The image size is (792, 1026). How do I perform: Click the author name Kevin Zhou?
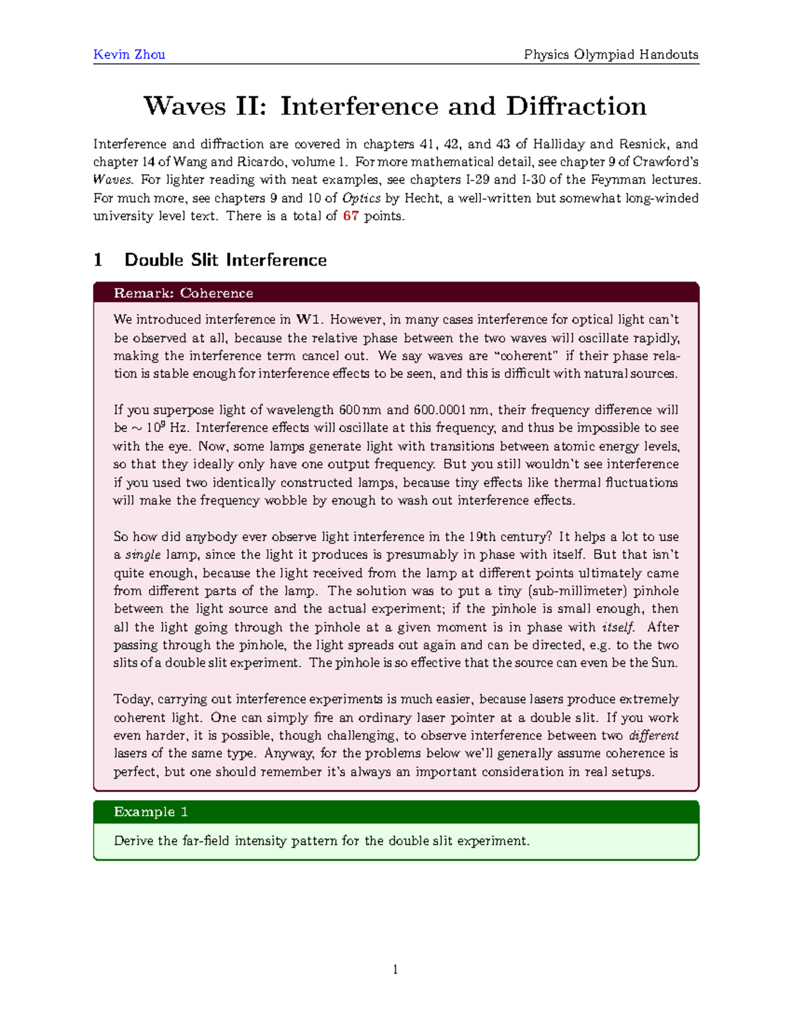(129, 54)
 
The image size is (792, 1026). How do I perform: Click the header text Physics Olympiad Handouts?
(610, 54)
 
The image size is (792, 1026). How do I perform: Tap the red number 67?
(350, 216)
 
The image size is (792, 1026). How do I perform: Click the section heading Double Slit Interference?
(225, 260)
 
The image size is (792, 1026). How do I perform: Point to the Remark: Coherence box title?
(183, 293)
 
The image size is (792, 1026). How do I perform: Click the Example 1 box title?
(150, 811)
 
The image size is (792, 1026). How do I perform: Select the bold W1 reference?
(308, 320)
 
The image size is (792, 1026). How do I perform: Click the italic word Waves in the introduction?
(113, 180)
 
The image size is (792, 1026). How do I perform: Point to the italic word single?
(143, 555)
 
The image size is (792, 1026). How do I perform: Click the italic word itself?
(618, 627)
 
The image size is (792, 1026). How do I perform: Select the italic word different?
(653, 735)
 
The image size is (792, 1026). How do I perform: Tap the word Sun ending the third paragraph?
(663, 663)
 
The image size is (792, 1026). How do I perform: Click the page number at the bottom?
(395, 969)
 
